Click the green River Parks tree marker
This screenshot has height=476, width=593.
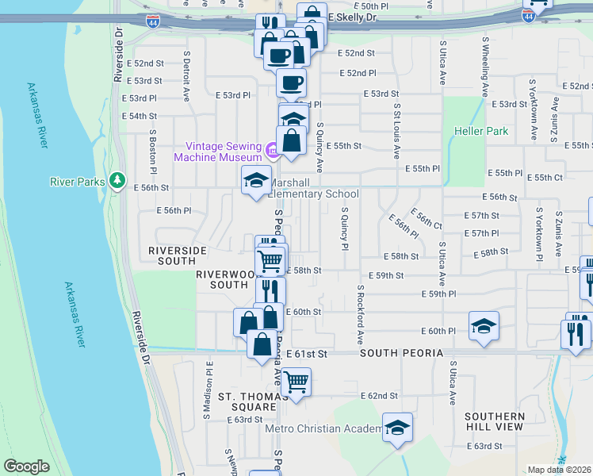117,182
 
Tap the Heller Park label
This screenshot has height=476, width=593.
480,131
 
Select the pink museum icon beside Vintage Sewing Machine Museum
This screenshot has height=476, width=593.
272,148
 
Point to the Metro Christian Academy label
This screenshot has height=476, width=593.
323,429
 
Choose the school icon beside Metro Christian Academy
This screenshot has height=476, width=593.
397,428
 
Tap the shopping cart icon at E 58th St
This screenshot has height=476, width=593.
270,259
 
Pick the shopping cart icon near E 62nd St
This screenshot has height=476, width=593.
296,382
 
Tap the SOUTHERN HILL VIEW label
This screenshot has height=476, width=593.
495,421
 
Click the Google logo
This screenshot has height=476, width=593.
26,466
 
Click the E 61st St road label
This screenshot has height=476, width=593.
307,353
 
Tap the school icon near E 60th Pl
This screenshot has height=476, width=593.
484,326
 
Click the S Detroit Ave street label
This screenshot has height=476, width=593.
187,77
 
